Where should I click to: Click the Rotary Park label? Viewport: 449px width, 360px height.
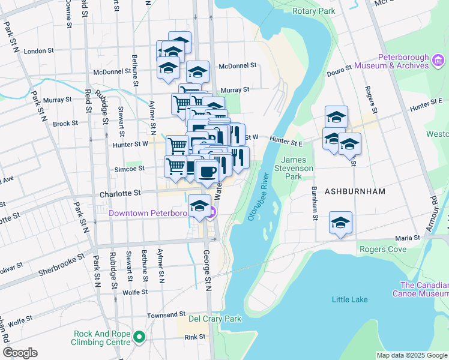313,11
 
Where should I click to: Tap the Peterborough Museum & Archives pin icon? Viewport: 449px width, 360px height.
438,60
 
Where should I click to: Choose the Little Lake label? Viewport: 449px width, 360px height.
349,299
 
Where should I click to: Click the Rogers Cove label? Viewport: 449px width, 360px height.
382,248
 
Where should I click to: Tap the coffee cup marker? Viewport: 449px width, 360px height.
207,172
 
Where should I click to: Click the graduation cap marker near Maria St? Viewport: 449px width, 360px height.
340,223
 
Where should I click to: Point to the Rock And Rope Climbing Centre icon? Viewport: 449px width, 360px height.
139,338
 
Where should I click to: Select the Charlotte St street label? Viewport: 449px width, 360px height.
121,193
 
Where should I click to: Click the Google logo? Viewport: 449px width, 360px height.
20,353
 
